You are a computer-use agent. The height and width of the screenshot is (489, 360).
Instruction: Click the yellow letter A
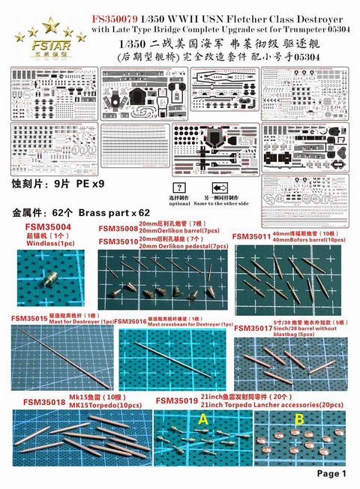click(202, 421)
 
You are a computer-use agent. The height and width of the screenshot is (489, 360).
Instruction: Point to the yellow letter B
click(298, 421)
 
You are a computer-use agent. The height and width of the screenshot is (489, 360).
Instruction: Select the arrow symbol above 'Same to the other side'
click(220, 187)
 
